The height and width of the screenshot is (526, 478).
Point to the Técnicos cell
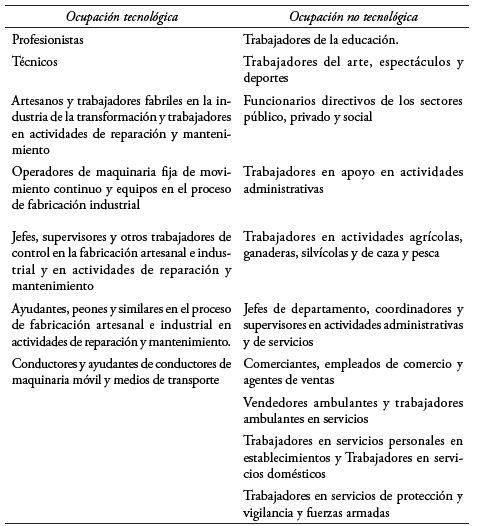pyautogui.click(x=37, y=61)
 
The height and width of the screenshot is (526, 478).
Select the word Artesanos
pyautogui.click(x=40, y=101)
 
